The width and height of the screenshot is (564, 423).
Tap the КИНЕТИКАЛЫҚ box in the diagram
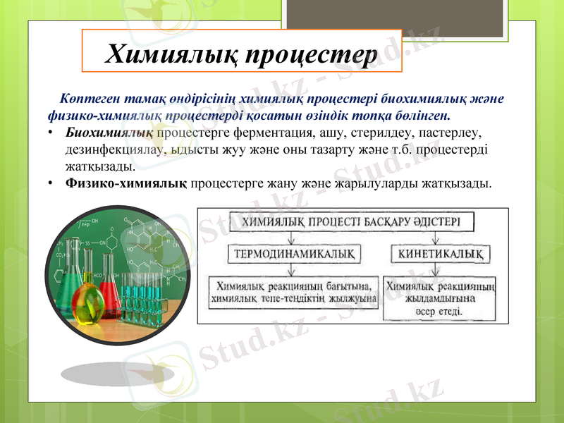441,252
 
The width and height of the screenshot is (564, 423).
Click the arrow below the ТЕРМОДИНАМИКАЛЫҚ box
291,270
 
